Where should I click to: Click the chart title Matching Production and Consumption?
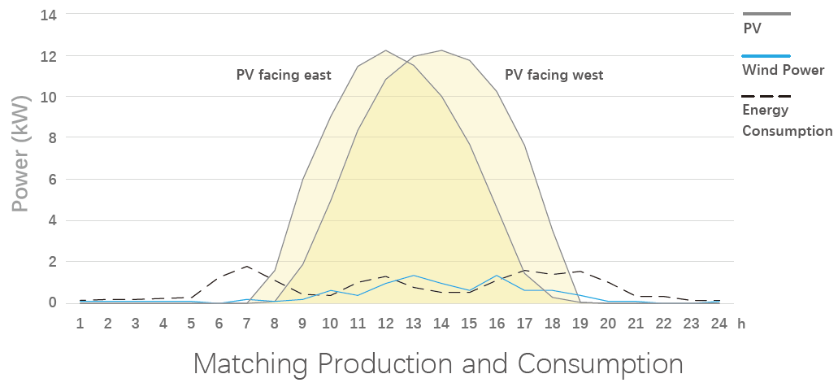438,363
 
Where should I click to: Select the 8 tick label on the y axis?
54,138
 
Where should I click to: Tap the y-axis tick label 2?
54,262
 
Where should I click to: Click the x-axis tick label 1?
80,323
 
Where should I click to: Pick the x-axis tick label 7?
247,323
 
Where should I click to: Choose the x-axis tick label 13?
413,323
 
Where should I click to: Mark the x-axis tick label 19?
580,323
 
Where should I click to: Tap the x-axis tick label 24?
719,323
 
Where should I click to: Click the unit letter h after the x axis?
741,323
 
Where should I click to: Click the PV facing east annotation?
284,76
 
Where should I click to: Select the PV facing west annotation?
554,76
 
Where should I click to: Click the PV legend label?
753,28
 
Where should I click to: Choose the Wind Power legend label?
784,71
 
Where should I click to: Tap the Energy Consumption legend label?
787,120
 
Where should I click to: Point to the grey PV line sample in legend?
766,14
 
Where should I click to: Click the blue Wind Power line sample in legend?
766,55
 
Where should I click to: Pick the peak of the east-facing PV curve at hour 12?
385,50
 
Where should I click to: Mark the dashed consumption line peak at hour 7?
247,266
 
